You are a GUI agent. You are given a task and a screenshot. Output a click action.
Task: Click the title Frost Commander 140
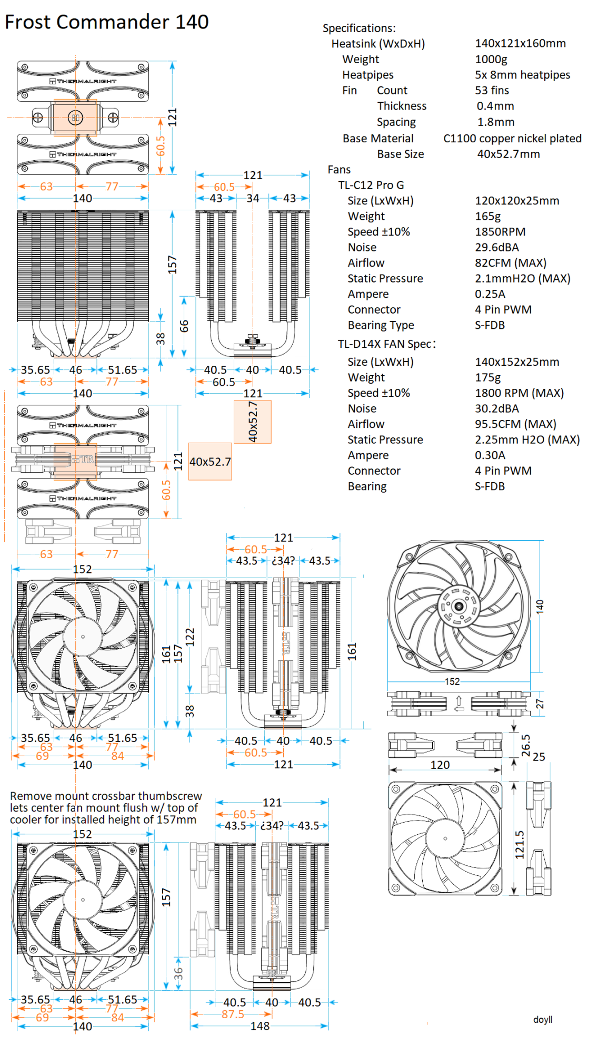coord(107,22)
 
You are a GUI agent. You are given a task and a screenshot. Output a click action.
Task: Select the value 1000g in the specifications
coord(491,59)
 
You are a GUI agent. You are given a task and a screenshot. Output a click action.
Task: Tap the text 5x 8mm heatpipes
coord(522,75)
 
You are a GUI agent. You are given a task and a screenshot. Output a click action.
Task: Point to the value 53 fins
coord(492,91)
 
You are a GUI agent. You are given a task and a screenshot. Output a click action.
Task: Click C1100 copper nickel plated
coord(512,138)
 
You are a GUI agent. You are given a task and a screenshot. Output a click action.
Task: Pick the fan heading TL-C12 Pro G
coord(371,185)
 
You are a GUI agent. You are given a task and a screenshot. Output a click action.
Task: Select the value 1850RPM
coord(500,232)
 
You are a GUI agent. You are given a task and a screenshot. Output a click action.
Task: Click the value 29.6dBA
coord(496,247)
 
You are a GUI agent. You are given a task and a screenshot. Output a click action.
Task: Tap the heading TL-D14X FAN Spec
coord(386,344)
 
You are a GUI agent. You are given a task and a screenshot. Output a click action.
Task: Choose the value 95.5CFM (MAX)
coord(515,424)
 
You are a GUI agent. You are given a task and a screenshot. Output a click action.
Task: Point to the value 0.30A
coord(490,455)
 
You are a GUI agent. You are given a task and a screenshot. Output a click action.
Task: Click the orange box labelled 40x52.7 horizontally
coord(210,462)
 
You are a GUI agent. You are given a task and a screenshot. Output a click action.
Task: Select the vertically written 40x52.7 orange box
coord(253,422)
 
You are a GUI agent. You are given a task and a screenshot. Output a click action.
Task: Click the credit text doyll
coord(542,1019)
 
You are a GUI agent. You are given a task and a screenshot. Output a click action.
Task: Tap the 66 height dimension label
coord(184,326)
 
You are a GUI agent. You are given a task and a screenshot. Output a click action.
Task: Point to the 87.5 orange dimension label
coord(232,1014)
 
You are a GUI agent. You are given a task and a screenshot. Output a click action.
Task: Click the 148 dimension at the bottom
coord(260,1026)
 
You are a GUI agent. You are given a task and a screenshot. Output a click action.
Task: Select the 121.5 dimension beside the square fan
coord(520,845)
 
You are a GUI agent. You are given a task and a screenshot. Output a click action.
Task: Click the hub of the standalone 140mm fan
coord(459,606)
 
